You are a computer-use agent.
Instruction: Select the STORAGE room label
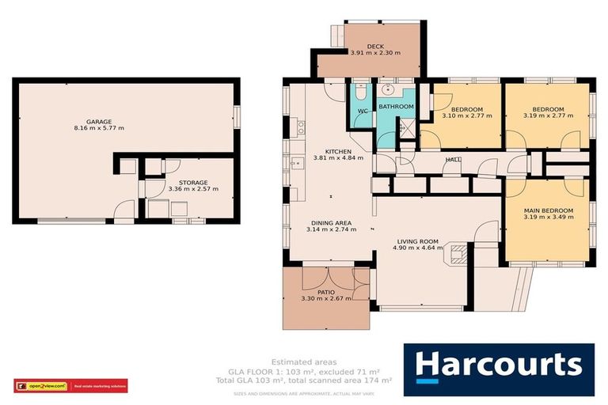(x=193, y=183)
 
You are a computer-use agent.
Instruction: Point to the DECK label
(x=375, y=47)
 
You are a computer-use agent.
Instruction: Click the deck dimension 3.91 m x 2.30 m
(x=375, y=54)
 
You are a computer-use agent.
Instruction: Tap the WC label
(x=361, y=110)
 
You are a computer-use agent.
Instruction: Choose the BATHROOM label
(x=395, y=106)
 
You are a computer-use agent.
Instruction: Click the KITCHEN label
(x=338, y=150)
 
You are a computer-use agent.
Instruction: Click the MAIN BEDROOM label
(x=548, y=210)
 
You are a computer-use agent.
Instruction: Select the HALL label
(x=453, y=160)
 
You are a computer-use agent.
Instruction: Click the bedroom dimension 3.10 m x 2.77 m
(x=465, y=116)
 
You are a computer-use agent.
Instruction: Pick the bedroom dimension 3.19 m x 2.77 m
(x=548, y=116)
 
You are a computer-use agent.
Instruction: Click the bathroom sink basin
(x=387, y=89)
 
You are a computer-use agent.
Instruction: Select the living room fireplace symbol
(x=458, y=252)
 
